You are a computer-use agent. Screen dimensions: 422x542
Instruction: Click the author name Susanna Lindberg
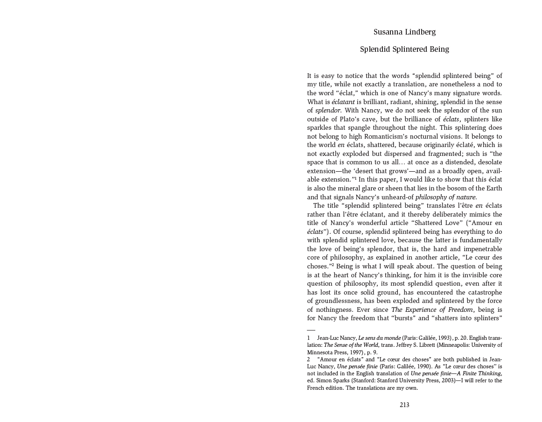click(x=404, y=32)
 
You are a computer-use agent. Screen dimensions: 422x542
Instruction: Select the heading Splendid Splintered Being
click(x=404, y=49)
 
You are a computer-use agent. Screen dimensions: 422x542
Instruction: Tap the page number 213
click(x=404, y=405)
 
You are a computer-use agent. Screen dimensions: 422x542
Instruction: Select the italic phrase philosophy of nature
click(x=446, y=197)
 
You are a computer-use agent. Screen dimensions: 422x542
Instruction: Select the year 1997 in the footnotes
click(x=344, y=352)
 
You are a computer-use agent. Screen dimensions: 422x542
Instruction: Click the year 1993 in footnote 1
click(x=444, y=338)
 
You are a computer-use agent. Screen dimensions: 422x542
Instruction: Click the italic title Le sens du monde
click(x=379, y=338)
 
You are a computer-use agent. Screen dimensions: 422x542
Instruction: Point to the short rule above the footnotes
click(x=311, y=330)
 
